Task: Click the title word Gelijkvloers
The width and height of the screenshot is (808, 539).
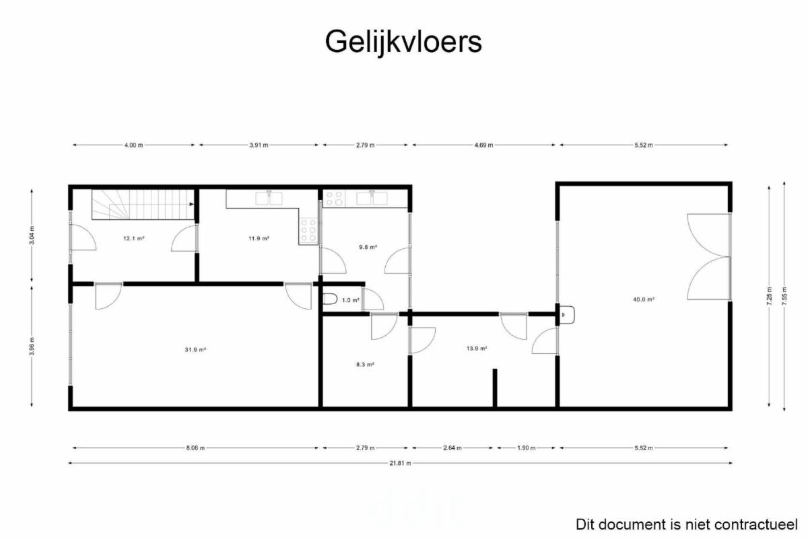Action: tap(403, 42)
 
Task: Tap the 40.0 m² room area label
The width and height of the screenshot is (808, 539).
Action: tap(644, 299)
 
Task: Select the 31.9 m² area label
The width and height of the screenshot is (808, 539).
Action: tap(195, 349)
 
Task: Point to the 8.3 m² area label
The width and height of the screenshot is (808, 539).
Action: tap(365, 365)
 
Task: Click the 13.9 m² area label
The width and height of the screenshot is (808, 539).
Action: tap(477, 349)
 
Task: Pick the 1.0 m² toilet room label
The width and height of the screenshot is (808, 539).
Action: tap(351, 300)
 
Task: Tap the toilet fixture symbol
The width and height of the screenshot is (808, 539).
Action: tap(330, 299)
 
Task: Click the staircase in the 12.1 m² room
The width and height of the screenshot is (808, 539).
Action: tap(143, 205)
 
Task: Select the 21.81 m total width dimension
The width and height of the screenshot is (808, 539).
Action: tap(400, 463)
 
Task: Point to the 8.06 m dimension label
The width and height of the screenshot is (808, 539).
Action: tap(195, 448)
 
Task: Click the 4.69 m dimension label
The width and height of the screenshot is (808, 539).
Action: tap(483, 145)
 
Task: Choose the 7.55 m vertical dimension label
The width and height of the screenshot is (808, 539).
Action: tap(784, 296)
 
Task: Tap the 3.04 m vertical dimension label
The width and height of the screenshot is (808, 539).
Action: tap(32, 235)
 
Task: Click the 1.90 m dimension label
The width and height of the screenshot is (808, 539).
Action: tap(526, 448)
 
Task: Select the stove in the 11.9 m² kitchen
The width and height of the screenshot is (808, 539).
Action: tap(308, 230)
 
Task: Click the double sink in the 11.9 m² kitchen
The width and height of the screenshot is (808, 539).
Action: tap(269, 199)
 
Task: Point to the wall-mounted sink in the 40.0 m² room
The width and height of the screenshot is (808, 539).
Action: tap(567, 315)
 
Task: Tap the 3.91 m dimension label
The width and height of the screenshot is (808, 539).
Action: tap(259, 145)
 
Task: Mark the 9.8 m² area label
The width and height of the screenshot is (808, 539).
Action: tap(368, 247)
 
